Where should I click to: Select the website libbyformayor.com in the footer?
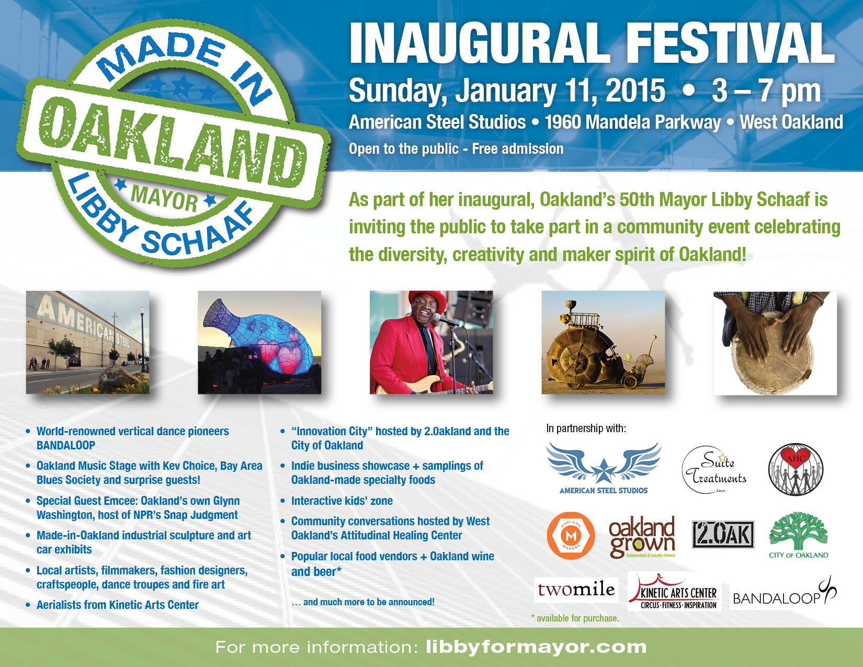click(x=536, y=647)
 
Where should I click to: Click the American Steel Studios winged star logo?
click(x=603, y=468)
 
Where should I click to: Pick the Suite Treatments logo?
click(x=714, y=470)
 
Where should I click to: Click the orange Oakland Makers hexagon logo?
click(x=571, y=536)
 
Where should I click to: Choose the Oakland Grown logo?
click(x=642, y=536)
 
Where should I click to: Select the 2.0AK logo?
click(x=723, y=534)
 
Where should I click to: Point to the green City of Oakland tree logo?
click(x=798, y=535)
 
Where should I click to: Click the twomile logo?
click(x=576, y=590)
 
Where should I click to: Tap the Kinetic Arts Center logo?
click(x=674, y=592)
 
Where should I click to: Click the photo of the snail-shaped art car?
click(x=603, y=343)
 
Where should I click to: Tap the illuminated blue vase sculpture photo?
click(x=259, y=343)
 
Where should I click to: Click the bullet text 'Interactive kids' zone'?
click(x=342, y=501)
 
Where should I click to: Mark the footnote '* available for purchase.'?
click(x=575, y=618)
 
